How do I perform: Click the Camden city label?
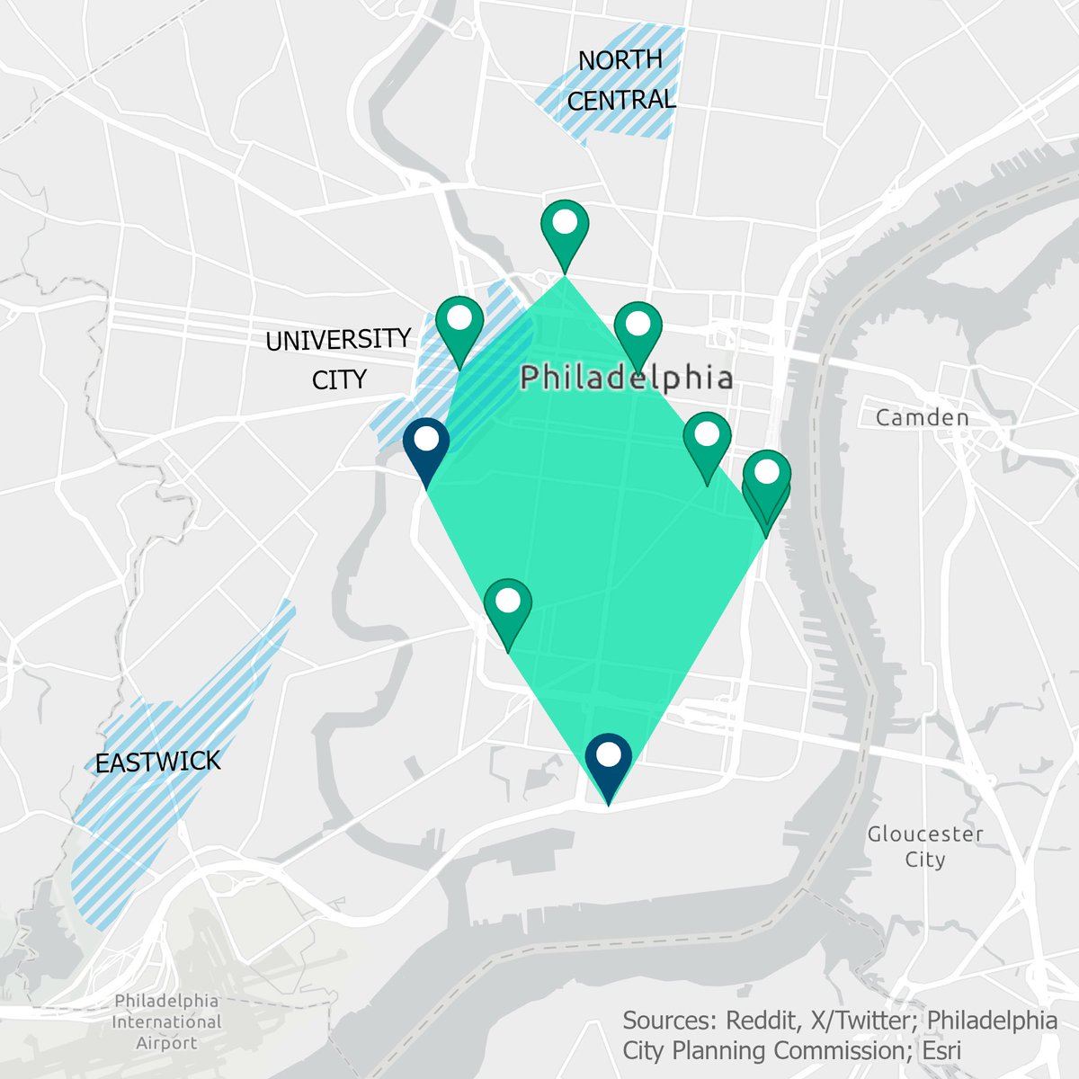pyautogui.click(x=923, y=417)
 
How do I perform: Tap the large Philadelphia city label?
pyautogui.click(x=627, y=378)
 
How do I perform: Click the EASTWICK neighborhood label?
pyautogui.click(x=157, y=762)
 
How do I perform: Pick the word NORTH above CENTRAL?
pyautogui.click(x=620, y=60)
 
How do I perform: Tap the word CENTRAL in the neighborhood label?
pyautogui.click(x=621, y=100)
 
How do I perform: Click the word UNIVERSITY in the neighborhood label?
pyautogui.click(x=338, y=339)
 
